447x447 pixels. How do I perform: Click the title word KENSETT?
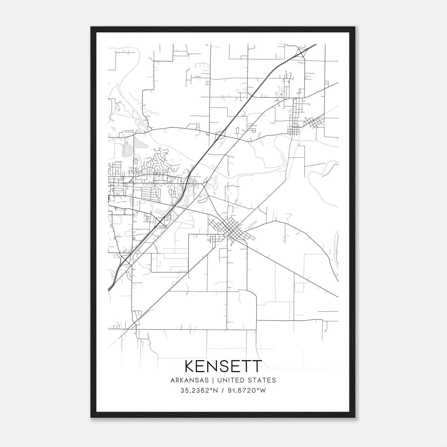223,366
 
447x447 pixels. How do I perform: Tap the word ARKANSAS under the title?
190,380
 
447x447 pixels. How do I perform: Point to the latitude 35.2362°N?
198,391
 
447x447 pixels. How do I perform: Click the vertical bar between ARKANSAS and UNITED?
213,380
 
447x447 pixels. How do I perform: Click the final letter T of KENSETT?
257,366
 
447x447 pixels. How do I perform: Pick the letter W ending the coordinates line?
263,391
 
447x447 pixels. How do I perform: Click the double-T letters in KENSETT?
251,366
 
